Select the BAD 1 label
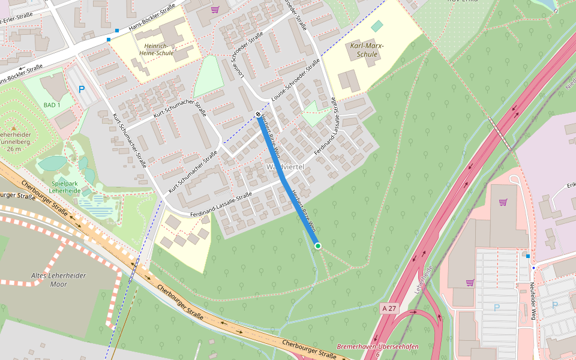click(x=52, y=105)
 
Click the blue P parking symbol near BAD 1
click(x=82, y=89)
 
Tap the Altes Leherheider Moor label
click(x=58, y=280)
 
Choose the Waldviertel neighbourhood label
click(x=286, y=166)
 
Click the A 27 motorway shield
click(x=389, y=308)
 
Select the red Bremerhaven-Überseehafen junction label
click(x=377, y=347)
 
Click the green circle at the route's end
click(x=317, y=246)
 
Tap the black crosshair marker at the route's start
click(x=258, y=114)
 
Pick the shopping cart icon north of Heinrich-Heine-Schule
click(x=215, y=9)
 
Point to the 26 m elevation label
click(x=15, y=149)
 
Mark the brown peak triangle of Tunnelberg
click(x=13, y=128)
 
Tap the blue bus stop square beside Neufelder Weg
click(x=527, y=256)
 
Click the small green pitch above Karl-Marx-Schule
click(x=376, y=26)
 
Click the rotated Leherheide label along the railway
click(x=424, y=278)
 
